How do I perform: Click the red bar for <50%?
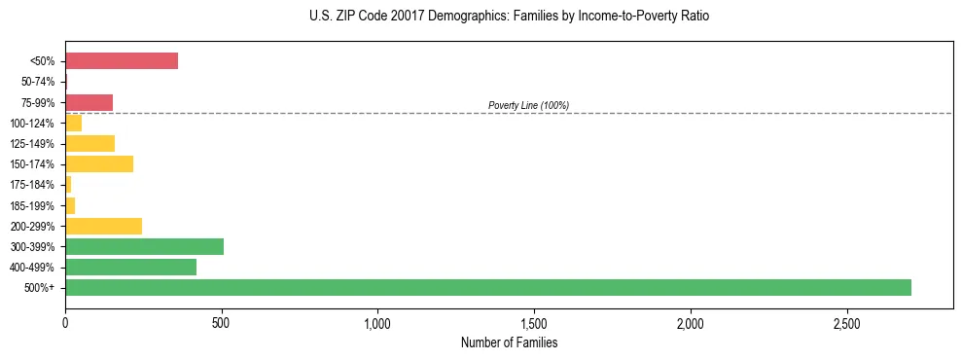[x=122, y=61]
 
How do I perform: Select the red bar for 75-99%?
[x=89, y=102]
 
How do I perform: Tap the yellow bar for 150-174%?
[x=99, y=163]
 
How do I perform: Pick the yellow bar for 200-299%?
[x=103, y=226]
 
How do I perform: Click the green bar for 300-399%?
[x=144, y=246]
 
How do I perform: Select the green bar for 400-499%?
[x=130, y=267]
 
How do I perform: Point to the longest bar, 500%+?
[x=487, y=287]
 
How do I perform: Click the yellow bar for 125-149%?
[x=89, y=143]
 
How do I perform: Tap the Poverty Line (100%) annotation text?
[x=528, y=105]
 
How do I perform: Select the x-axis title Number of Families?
[x=509, y=342]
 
